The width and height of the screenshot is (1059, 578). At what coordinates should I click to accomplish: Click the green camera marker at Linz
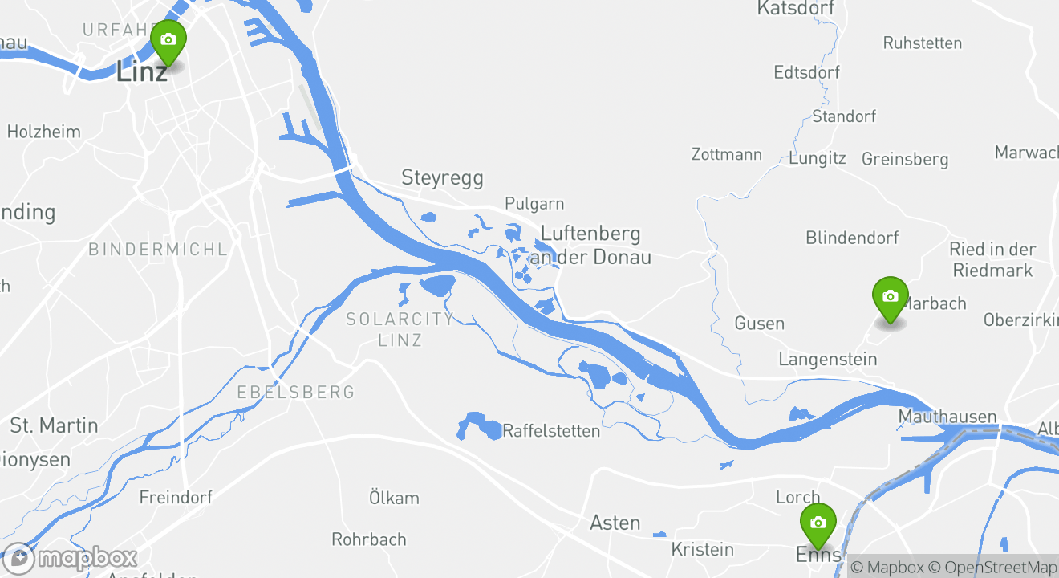pos(168,41)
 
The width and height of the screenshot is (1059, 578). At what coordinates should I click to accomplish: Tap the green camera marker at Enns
pos(818,523)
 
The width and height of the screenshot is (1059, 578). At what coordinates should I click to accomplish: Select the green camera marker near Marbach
pos(890,297)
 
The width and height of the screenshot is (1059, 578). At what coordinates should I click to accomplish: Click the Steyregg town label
pos(443,177)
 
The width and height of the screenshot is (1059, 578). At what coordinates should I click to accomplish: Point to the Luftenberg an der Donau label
pos(592,245)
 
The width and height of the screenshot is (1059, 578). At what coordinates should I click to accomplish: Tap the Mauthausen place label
pos(947,417)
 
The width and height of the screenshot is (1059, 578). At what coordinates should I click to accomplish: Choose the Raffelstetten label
pos(551,431)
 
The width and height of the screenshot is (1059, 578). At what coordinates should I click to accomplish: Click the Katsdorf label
pos(795,9)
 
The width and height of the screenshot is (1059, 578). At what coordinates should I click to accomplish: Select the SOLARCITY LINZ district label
pos(400,329)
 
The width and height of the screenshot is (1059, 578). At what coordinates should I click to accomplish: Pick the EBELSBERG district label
pos(295,393)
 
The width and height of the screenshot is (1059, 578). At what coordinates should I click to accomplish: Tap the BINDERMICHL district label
pos(158,250)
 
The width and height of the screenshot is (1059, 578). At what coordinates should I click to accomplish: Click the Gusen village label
pos(759,324)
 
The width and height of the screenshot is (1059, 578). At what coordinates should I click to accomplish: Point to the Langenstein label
pos(827,359)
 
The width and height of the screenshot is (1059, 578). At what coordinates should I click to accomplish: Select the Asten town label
pos(615,523)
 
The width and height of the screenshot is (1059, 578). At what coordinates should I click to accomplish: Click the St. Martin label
pos(54,425)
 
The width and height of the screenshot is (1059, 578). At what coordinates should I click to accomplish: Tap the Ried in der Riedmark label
pos(992,259)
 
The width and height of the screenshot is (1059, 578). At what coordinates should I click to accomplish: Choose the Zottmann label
pos(727,154)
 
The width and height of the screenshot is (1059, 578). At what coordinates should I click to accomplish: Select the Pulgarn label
pos(534,204)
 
